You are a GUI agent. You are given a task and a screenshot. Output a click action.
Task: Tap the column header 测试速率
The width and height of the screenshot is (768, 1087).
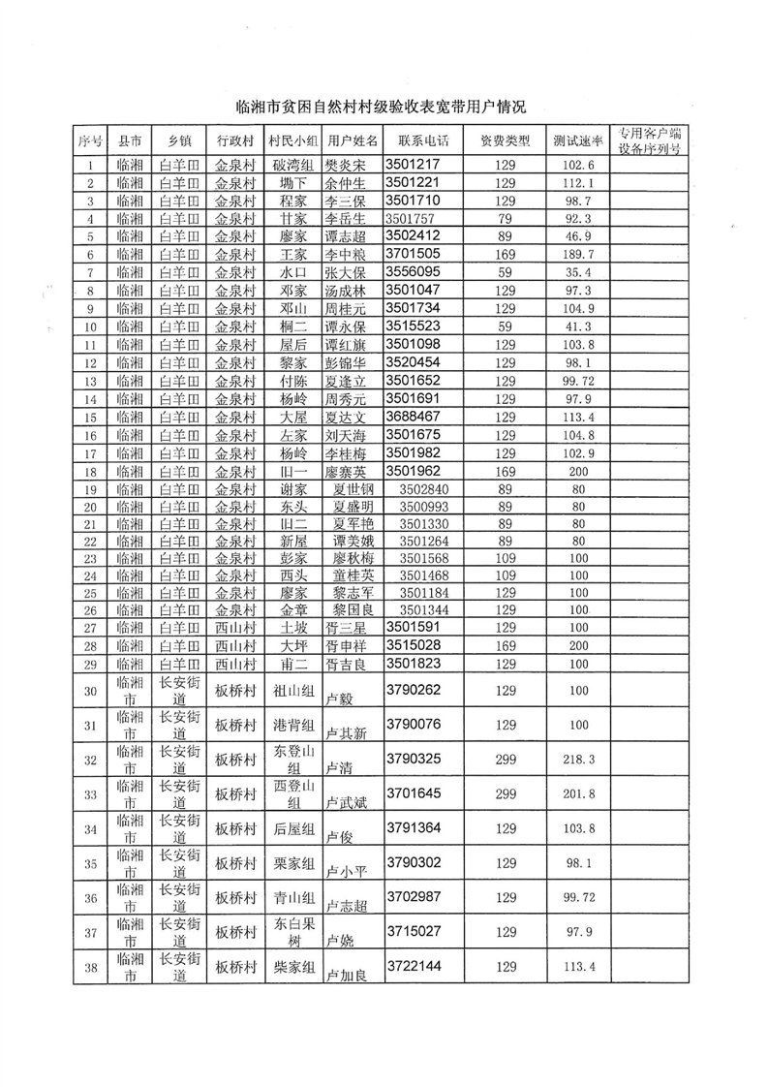click(x=577, y=140)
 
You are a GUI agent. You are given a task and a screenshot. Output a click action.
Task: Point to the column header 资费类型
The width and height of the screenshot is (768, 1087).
click(x=506, y=140)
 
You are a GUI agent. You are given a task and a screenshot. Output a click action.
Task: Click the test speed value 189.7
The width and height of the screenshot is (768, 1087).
click(x=577, y=254)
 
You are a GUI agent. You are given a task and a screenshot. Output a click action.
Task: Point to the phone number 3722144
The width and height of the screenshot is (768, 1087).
click(x=414, y=967)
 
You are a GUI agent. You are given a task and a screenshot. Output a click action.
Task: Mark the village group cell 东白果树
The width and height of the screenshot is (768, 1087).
click(x=293, y=933)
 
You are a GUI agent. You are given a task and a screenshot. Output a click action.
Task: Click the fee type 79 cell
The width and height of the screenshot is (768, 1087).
click(x=506, y=219)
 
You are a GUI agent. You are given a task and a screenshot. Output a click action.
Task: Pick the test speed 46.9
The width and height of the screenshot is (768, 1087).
click(x=577, y=236)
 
